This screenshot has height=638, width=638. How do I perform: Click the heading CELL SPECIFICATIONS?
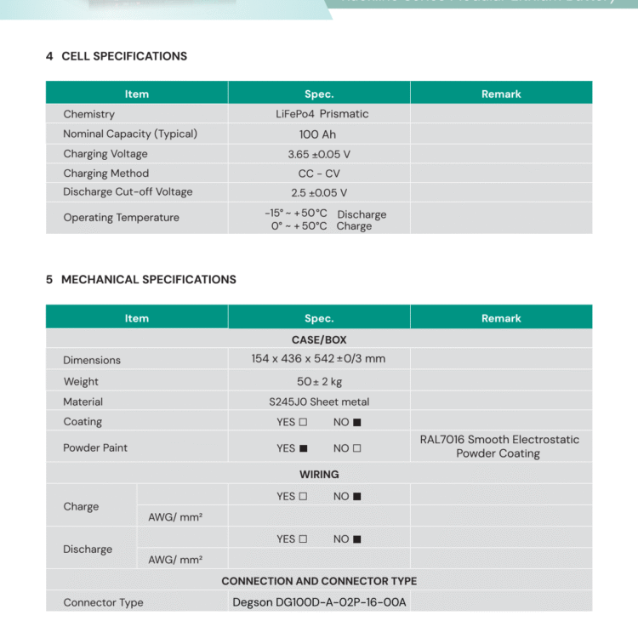(124, 56)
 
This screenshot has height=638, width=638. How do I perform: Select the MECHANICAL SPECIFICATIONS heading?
(149, 279)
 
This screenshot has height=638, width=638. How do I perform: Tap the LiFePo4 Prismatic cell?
(322, 114)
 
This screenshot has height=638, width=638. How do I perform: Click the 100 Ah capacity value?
(319, 134)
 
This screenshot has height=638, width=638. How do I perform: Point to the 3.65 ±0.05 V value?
(319, 154)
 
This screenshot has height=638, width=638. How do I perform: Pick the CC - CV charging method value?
(319, 174)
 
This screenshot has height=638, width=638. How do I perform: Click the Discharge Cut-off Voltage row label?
(128, 192)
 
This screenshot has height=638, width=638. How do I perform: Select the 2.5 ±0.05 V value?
(319, 193)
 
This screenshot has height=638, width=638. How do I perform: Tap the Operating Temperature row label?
(121, 218)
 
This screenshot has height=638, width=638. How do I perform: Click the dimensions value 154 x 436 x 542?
(318, 359)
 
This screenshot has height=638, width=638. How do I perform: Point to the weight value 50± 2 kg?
(319, 382)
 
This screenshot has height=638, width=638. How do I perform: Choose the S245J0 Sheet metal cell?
(319, 402)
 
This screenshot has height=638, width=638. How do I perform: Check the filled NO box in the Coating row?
(357, 423)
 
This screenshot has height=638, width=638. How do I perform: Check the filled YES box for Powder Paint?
(303, 448)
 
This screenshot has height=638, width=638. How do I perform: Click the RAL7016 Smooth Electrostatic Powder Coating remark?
(499, 447)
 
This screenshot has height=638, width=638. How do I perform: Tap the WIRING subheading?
(319, 475)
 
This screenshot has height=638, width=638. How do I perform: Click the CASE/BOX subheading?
(319, 339)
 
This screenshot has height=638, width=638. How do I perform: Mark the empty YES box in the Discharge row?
(303, 539)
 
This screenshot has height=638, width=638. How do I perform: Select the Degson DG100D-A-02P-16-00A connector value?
(319, 602)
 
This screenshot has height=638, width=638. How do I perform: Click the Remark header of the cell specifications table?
(501, 94)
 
